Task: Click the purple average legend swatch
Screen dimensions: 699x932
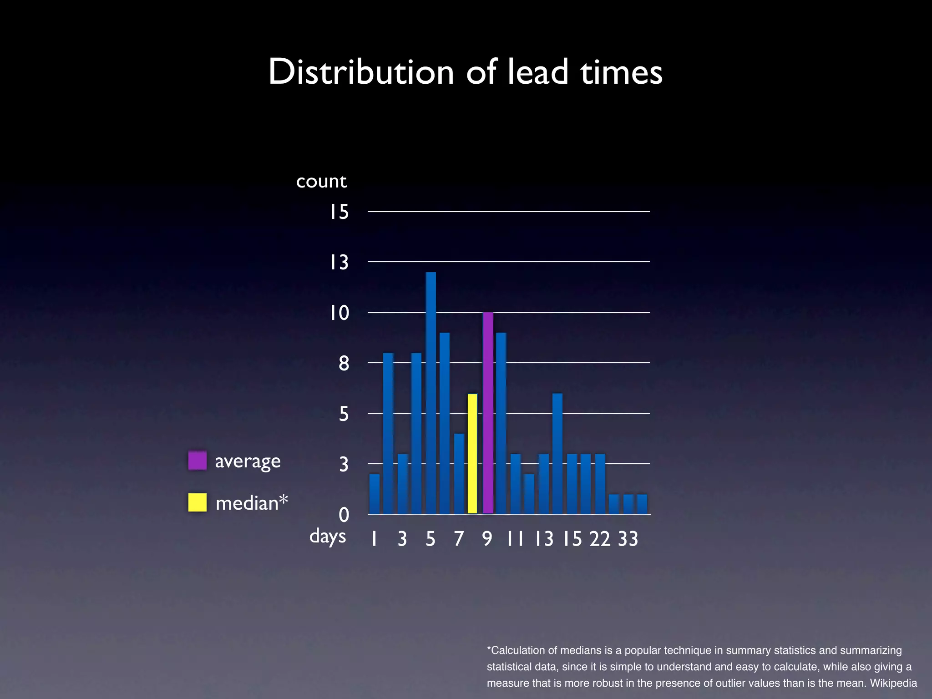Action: pos(198,461)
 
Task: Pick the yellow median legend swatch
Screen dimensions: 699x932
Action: pos(198,502)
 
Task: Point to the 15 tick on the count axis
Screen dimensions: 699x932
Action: pos(339,212)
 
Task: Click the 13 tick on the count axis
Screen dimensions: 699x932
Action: pos(339,263)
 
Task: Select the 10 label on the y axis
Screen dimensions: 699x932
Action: pos(339,313)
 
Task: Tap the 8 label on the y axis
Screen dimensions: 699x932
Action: pos(344,364)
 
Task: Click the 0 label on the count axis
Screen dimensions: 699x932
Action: pos(344,515)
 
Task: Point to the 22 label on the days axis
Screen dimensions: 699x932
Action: pos(600,539)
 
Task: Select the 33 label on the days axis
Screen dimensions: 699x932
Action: pos(628,539)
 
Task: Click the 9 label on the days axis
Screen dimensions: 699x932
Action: pos(487,539)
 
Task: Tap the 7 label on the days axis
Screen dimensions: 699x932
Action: pos(459,539)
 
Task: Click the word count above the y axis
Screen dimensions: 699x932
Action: pos(321,182)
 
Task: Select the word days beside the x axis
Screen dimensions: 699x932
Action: pos(328,537)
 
